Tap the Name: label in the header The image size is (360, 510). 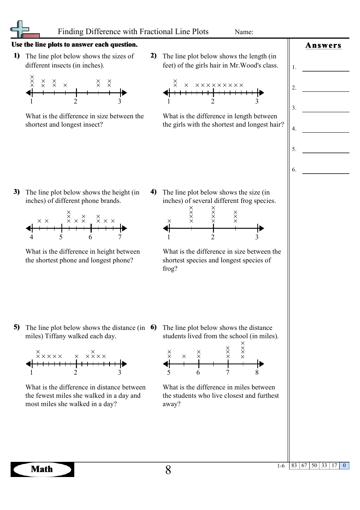click(244, 32)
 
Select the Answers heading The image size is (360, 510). click(323, 46)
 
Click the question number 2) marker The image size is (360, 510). click(153, 56)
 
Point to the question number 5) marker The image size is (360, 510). click(17, 327)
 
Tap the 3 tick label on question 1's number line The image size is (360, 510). click(120, 102)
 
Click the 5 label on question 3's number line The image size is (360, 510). click(61, 237)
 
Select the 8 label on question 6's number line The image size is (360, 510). click(257, 373)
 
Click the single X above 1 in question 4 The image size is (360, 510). click(169, 221)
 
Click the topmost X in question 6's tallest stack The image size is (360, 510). click(243, 343)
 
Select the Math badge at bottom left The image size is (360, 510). click(42, 469)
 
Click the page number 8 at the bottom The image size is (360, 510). click(168, 470)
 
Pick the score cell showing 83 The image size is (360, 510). click(294, 466)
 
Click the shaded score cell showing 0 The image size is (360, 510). click(344, 466)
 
